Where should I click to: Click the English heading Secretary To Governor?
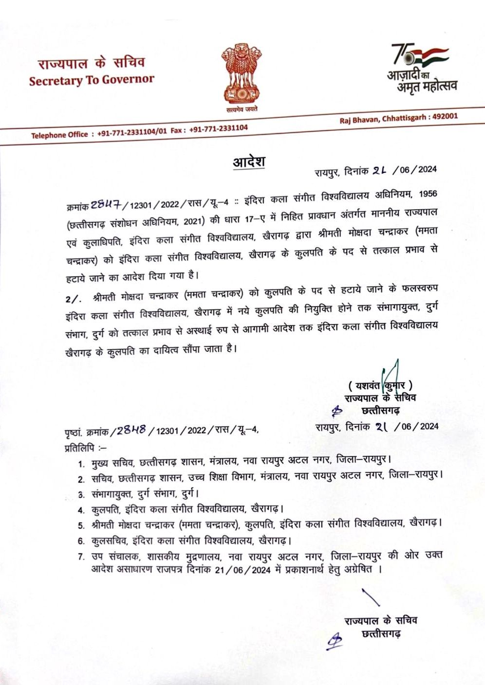92,80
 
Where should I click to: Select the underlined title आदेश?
248,162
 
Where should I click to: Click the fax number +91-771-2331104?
218,128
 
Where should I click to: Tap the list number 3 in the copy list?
81,495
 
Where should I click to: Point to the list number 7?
81,557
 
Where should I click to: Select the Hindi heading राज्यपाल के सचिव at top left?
92,63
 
